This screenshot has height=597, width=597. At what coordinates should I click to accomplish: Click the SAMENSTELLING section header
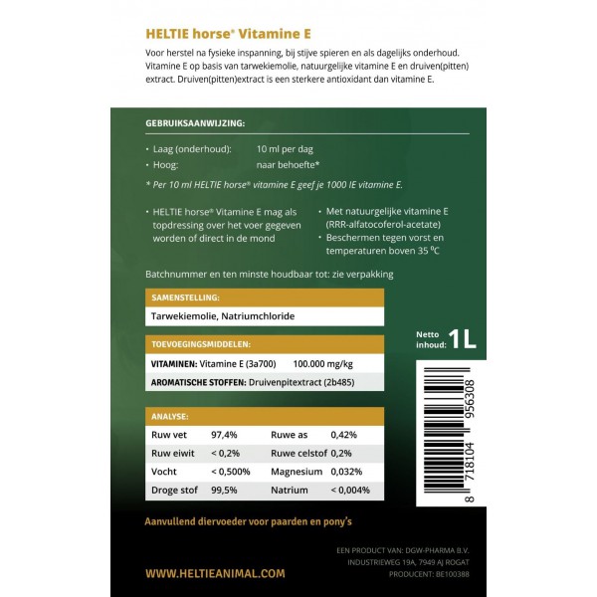pyautogui.click(x=185, y=297)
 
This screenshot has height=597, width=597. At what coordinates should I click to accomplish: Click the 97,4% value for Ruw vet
pyautogui.click(x=224, y=435)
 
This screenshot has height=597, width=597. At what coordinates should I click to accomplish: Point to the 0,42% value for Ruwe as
pyautogui.click(x=343, y=435)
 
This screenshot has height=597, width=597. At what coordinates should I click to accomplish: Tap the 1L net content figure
pyautogui.click(x=462, y=339)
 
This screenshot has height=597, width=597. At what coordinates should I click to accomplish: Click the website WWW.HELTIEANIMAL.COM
pyautogui.click(x=215, y=573)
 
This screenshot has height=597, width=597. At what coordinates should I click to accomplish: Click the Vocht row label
pyautogui.click(x=164, y=471)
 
